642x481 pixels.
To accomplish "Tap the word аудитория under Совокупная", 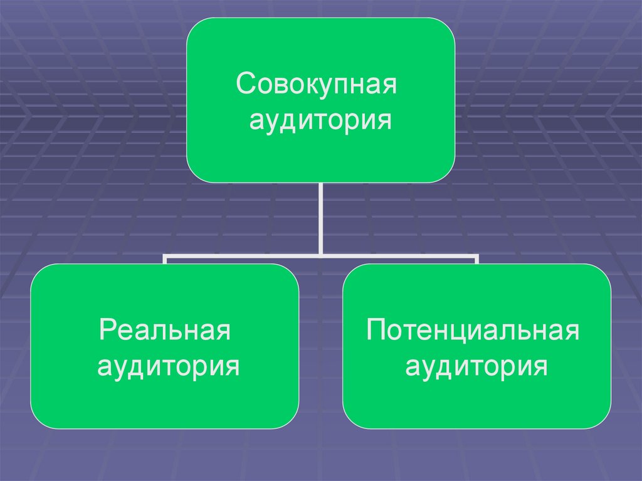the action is [x=320, y=119].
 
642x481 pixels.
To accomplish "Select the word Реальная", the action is [x=165, y=330].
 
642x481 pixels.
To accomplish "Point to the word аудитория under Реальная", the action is [x=168, y=365].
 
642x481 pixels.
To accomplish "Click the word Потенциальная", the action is [x=473, y=330].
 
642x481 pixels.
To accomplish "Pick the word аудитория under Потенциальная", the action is [x=476, y=365].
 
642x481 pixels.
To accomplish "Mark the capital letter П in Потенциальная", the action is [x=377, y=330].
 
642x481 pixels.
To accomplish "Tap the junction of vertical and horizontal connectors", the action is [x=320, y=255].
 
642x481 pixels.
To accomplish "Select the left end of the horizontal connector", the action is [x=165, y=256].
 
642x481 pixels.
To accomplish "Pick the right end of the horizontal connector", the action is [x=476, y=256].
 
